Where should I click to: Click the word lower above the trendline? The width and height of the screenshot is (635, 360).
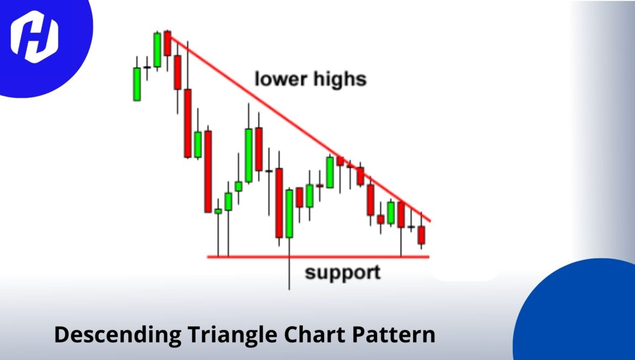(x=281, y=79)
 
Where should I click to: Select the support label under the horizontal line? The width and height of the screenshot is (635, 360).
(x=342, y=272)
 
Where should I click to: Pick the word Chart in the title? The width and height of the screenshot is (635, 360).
(x=311, y=334)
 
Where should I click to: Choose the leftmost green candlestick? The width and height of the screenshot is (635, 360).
(x=137, y=84)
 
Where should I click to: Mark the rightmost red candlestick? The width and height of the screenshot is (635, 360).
(x=422, y=235)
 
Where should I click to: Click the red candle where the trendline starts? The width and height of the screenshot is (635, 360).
(x=167, y=43)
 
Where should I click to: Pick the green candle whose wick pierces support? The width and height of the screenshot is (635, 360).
(x=289, y=213)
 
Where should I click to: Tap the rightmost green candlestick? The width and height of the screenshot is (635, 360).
(x=391, y=212)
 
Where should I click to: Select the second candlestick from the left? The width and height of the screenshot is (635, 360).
(x=147, y=67)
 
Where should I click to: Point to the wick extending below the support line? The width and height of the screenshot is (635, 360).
(x=289, y=274)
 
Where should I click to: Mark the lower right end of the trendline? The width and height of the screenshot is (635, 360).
(x=430, y=221)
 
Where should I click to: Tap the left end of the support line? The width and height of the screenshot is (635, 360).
(x=208, y=256)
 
